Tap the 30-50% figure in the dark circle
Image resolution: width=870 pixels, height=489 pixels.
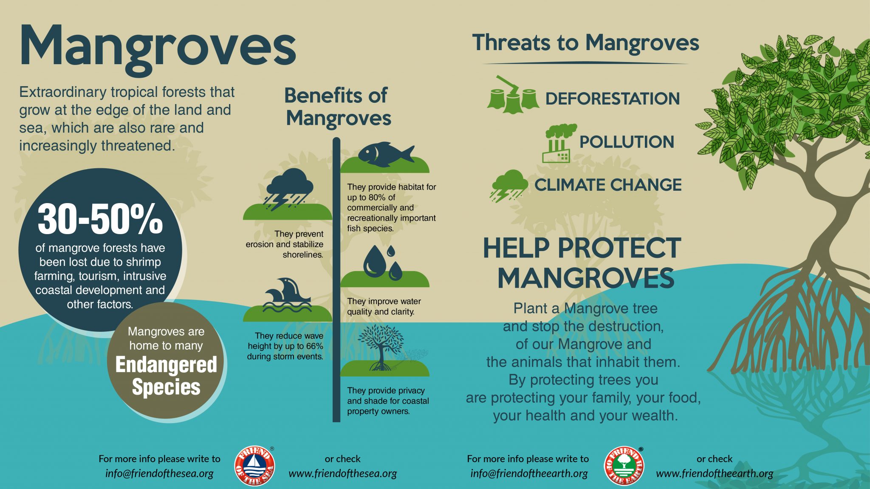click(100, 219)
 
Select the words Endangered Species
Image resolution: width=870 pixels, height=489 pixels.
click(166, 376)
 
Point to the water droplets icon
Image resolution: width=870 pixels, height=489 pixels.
click(383, 263)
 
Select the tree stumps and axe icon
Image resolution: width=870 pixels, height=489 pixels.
click(513, 95)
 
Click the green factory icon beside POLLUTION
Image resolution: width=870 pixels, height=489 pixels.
click(559, 143)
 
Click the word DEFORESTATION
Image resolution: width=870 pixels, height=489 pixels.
click(613, 99)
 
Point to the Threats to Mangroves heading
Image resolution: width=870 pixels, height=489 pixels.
click(585, 43)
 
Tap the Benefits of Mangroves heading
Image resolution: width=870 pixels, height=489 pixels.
click(338, 107)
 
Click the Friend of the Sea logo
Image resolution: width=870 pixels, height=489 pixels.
click(254, 466)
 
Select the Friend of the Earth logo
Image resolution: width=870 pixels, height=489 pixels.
click(624, 466)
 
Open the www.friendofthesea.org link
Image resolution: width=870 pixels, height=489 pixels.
click(343, 473)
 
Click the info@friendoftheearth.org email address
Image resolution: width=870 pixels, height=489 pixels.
click(529, 473)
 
